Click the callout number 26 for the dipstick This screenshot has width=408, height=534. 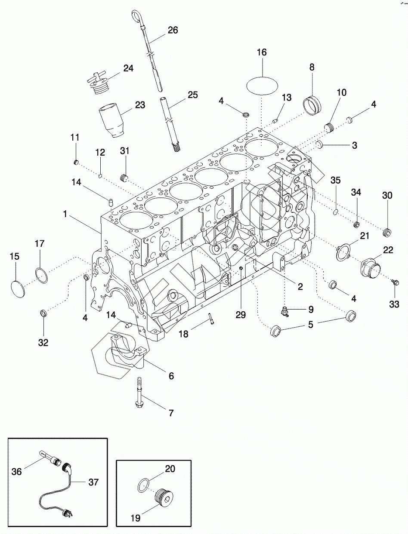coord(173,30)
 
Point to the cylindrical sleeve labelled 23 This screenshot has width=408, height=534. coord(112,121)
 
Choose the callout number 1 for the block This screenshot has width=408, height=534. coord(65,214)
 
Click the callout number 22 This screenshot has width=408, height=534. coord(388,250)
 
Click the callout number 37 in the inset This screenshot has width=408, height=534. coord(93,482)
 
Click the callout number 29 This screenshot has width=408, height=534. coord(241,315)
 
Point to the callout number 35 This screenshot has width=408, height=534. coord(336,180)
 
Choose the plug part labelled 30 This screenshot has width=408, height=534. coord(387,233)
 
